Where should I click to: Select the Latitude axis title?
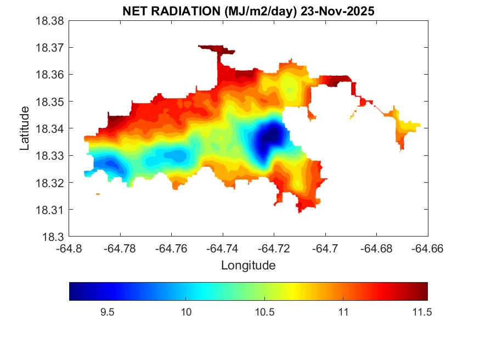pos(25,129)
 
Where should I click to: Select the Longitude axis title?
pos(248,266)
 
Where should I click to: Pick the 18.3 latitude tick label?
pos(55,237)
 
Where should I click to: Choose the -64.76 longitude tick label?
pos(172,248)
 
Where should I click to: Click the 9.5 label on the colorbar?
pos(107,312)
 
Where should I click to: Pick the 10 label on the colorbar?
pos(186,312)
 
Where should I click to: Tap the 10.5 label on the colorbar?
pos(264,312)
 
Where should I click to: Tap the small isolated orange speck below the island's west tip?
pos(98,194)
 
